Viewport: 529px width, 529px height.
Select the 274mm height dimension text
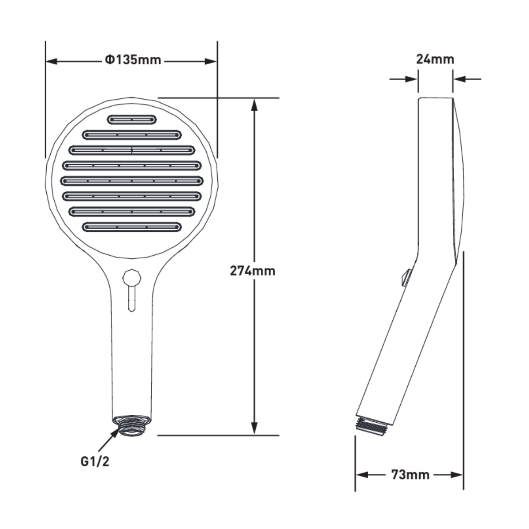click(252, 271)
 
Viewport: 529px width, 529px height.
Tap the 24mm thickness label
click(435, 59)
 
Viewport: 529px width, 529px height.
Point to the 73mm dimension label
click(410, 475)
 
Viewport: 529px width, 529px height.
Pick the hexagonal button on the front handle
click(131, 278)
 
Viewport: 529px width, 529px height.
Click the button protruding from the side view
click(406, 278)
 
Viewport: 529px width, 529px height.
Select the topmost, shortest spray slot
click(132, 119)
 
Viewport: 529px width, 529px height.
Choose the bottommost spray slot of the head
click(132, 227)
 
